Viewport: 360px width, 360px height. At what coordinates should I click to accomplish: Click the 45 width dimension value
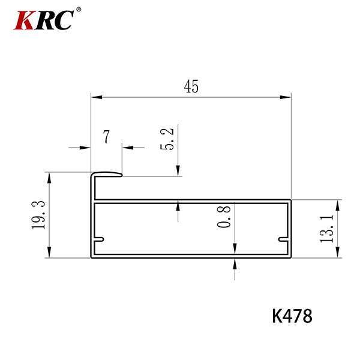pos(191,86)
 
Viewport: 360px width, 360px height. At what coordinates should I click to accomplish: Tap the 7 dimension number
pos(106,136)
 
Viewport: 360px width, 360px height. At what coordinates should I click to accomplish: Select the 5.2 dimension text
pos(167,139)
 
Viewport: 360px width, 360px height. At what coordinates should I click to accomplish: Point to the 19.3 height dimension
pos(38,215)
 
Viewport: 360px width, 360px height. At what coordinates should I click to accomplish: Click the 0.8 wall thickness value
pos(224,217)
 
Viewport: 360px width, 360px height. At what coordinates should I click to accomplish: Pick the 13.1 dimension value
pos(326,229)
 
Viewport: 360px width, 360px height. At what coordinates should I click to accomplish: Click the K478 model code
pos(292,316)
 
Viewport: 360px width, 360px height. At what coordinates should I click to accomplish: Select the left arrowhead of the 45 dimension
pos(97,97)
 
